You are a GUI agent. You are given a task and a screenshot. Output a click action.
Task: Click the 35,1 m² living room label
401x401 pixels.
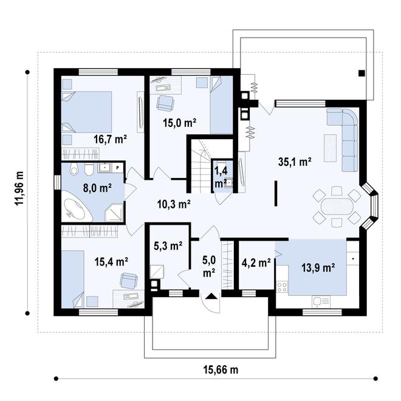(295, 162)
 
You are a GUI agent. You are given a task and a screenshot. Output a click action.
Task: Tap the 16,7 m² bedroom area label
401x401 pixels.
(110, 139)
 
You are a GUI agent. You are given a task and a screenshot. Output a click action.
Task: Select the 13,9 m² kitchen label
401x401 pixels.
(318, 268)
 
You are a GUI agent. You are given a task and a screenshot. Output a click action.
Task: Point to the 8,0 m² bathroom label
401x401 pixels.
(97, 188)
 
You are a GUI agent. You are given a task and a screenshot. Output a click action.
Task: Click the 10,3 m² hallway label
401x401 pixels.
(174, 204)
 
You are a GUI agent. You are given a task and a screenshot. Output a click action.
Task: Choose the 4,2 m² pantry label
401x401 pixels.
(256, 262)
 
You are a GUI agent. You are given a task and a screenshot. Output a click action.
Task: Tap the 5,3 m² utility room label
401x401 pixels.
(168, 246)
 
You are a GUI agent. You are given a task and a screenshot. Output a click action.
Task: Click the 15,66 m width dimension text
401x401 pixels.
(221, 369)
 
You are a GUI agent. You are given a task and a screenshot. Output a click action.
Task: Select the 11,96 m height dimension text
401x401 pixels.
(19, 188)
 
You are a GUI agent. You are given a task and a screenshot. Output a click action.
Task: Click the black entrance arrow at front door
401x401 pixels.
(211, 296)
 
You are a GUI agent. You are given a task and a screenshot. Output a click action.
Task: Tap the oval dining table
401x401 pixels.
(337, 206)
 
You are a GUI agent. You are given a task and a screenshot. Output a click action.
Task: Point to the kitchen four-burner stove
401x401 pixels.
(282, 287)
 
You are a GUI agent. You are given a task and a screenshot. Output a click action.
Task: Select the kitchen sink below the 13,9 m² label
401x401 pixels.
(321, 302)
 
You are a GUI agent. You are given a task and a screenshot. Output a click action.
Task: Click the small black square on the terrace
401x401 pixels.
(362, 74)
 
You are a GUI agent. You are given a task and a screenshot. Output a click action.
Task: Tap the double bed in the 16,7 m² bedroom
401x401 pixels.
(87, 112)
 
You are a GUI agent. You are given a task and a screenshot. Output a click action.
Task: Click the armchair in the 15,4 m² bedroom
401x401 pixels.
(129, 281)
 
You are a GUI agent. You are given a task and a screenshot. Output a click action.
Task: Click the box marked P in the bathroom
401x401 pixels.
(118, 168)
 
